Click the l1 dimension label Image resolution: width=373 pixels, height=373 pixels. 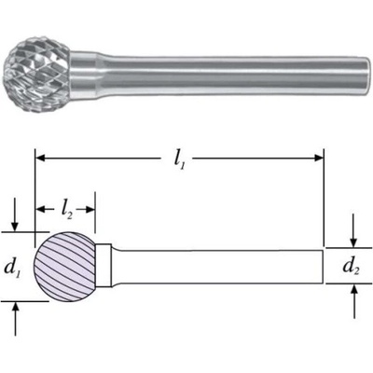tap(179, 160)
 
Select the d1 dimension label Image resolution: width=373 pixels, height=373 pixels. tap(13, 268)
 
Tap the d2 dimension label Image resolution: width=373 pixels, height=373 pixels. tap(351, 267)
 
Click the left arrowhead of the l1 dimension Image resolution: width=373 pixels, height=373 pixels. tap(41, 159)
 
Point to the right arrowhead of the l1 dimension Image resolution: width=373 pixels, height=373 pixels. tap(319, 159)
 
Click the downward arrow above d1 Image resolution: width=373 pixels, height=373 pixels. tap(14, 222)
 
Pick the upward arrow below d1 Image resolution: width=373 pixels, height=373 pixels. tap(16, 319)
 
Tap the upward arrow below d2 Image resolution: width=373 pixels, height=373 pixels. tap(354, 301)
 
